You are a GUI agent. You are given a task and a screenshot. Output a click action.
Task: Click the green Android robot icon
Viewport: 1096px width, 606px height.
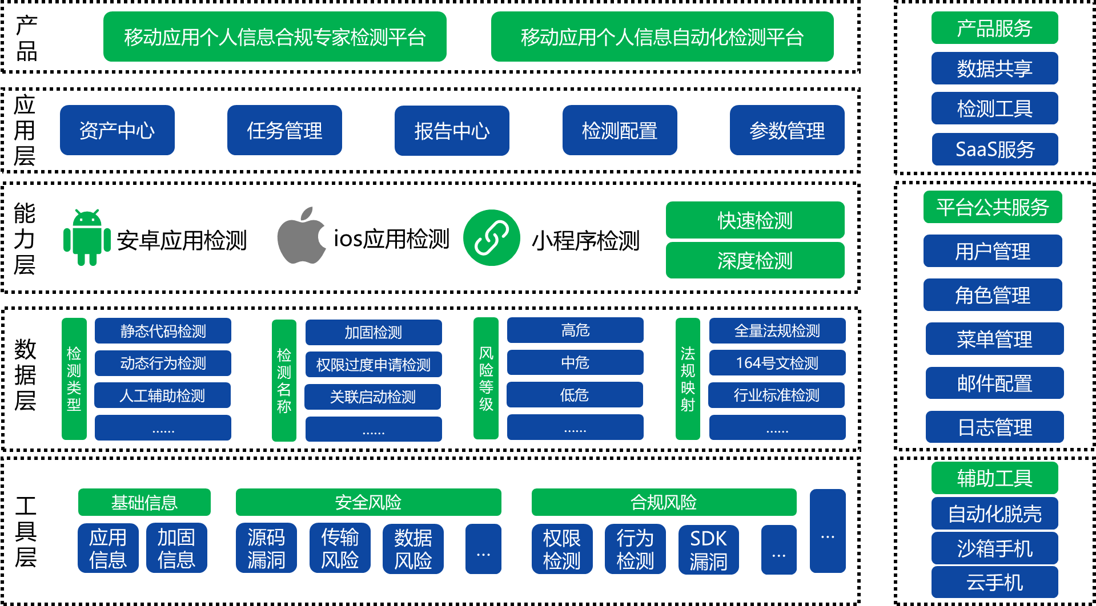tap(87, 237)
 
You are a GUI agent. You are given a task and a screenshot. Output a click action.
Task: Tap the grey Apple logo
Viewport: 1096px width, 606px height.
tap(301, 236)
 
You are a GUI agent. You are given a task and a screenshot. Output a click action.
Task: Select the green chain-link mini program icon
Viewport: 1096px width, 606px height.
tap(492, 238)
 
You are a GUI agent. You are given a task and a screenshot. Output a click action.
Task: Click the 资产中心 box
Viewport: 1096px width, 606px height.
tap(117, 130)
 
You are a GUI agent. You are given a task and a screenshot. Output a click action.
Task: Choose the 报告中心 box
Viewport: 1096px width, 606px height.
tap(452, 131)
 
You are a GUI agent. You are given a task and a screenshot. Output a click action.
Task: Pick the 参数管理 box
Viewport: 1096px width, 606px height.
tap(787, 130)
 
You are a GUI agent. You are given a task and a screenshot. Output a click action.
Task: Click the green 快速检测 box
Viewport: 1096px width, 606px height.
tap(755, 220)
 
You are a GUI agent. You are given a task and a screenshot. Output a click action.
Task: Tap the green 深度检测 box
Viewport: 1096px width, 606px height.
tap(755, 260)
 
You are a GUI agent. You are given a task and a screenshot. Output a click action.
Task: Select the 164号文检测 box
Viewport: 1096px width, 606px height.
tap(777, 362)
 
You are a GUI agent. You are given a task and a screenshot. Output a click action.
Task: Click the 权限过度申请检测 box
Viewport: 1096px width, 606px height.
tap(374, 365)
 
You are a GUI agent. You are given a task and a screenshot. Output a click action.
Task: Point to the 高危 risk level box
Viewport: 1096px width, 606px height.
tap(575, 330)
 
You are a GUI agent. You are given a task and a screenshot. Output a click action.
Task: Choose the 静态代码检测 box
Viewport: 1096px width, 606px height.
tap(163, 331)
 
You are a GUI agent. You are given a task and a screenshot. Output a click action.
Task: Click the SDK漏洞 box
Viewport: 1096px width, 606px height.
tap(708, 550)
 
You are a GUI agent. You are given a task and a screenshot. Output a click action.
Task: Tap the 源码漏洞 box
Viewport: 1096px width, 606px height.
tap(266, 548)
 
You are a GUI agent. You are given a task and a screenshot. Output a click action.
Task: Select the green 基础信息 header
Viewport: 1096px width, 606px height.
tap(144, 502)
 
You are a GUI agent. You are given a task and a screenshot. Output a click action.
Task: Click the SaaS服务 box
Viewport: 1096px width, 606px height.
tap(995, 149)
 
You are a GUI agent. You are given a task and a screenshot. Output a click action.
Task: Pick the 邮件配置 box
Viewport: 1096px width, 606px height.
tap(995, 383)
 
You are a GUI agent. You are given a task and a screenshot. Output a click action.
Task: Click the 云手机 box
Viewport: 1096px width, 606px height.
tap(995, 582)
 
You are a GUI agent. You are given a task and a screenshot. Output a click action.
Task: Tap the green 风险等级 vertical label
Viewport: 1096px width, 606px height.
tap(486, 378)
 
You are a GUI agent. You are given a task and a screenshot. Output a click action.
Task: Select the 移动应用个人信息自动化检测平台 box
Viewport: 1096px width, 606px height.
tap(663, 37)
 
